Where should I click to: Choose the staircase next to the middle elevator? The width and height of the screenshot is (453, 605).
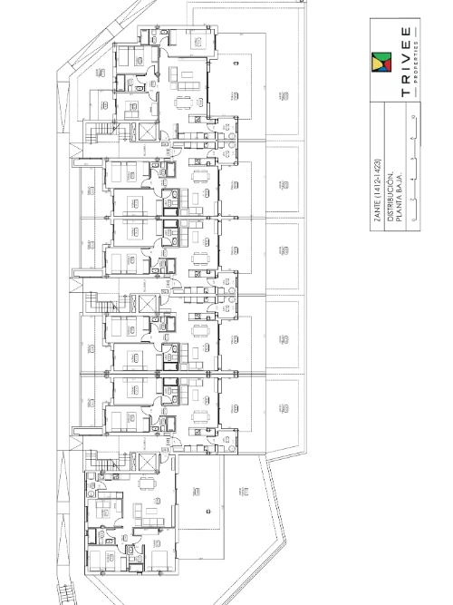(95, 301)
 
